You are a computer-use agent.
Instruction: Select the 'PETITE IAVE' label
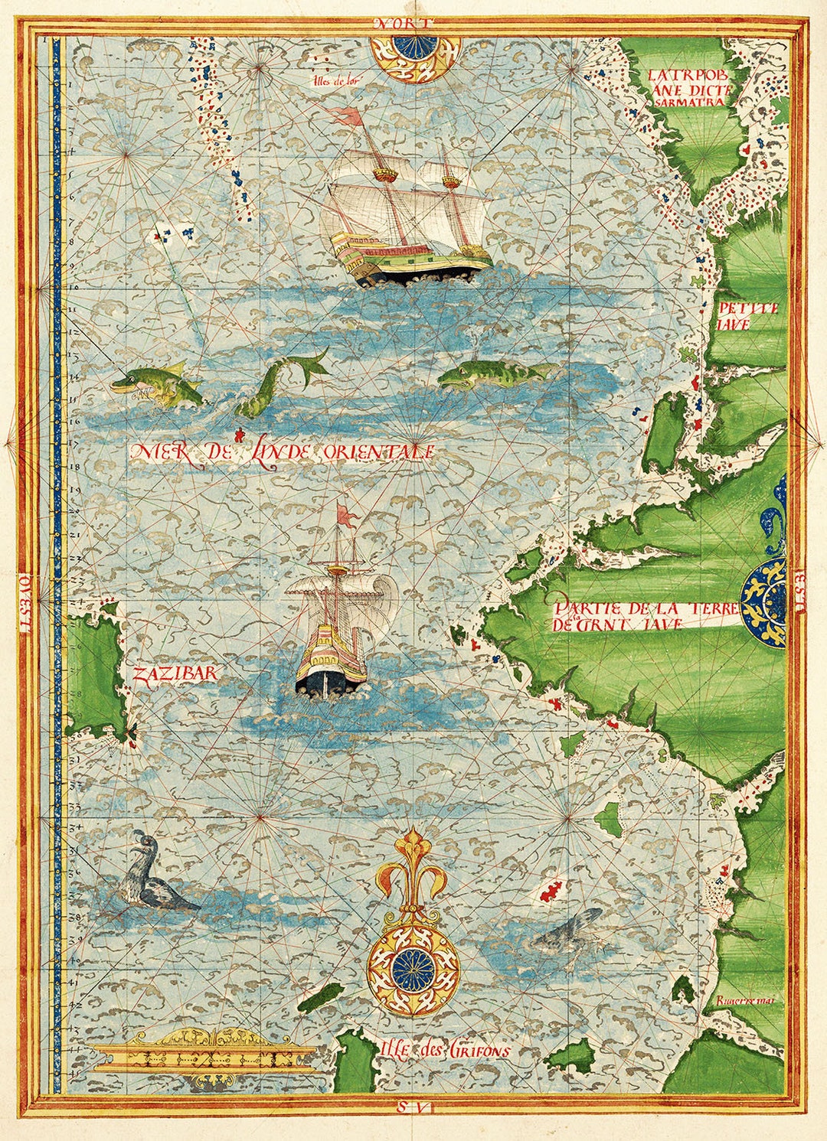pyautogui.click(x=747, y=316)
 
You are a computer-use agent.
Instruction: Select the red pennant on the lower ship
pyautogui.click(x=348, y=517)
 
